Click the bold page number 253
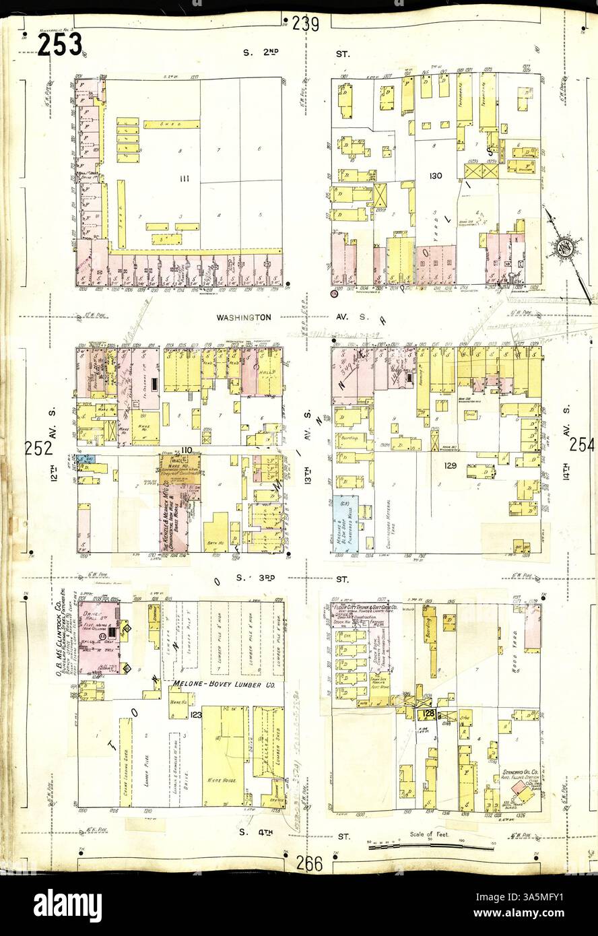[60, 44]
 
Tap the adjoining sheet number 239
[306, 24]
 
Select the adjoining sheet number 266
[308, 863]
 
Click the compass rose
[565, 245]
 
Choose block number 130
[435, 176]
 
